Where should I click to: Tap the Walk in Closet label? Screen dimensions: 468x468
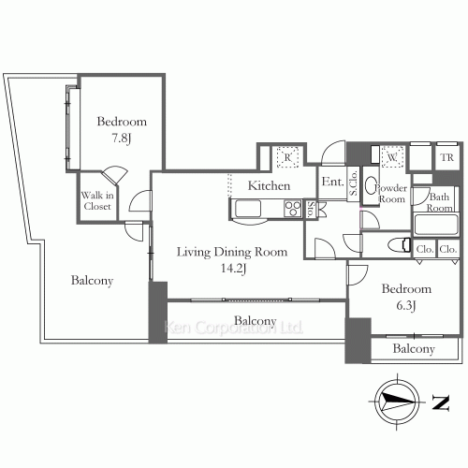(x=95, y=200)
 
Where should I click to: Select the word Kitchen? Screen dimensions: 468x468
(x=268, y=186)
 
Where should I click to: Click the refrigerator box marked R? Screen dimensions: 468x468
(x=289, y=156)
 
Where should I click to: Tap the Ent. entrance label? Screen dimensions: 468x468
(x=330, y=183)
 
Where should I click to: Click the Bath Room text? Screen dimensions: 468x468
(x=440, y=201)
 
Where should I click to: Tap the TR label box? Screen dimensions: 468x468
(x=446, y=157)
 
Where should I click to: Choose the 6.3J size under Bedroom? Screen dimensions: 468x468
(x=405, y=304)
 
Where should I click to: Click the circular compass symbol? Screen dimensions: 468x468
(x=395, y=402)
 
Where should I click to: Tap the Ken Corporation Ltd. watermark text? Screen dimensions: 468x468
(x=233, y=329)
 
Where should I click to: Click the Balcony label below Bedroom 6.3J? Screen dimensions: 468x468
(x=413, y=349)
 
